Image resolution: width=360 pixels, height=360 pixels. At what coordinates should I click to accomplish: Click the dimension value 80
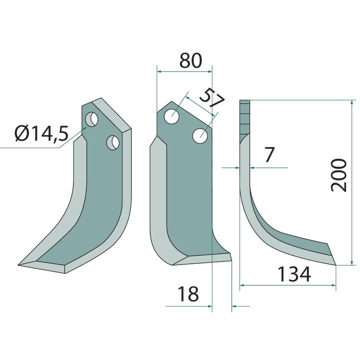tap(190, 61)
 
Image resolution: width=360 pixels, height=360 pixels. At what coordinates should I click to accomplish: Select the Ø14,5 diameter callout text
tap(41, 134)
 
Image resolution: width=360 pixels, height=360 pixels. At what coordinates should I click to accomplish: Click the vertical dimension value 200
tap(338, 175)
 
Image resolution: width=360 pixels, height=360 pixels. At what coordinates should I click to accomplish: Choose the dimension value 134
tap(294, 274)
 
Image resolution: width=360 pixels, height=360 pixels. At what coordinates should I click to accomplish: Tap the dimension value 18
tap(188, 294)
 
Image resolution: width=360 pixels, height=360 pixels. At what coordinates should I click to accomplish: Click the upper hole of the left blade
tap(92, 119)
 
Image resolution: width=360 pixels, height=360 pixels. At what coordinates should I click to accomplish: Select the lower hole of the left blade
tap(113, 143)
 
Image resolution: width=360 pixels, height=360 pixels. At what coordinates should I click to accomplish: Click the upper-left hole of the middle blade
tap(172, 117)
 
